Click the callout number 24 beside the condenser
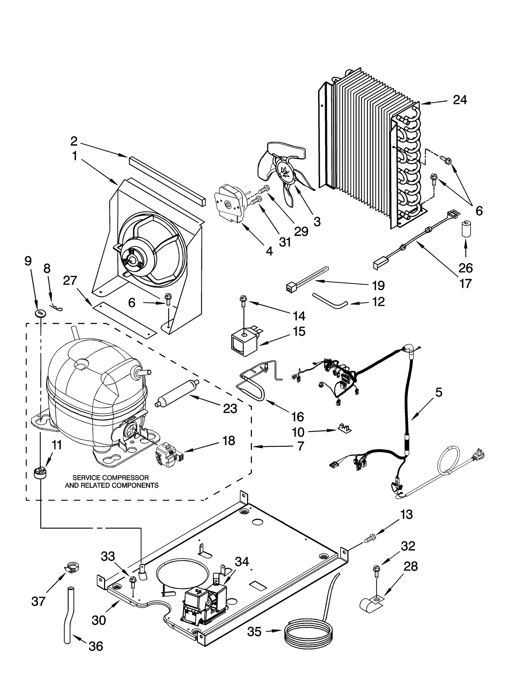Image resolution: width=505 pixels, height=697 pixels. [x=460, y=100]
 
